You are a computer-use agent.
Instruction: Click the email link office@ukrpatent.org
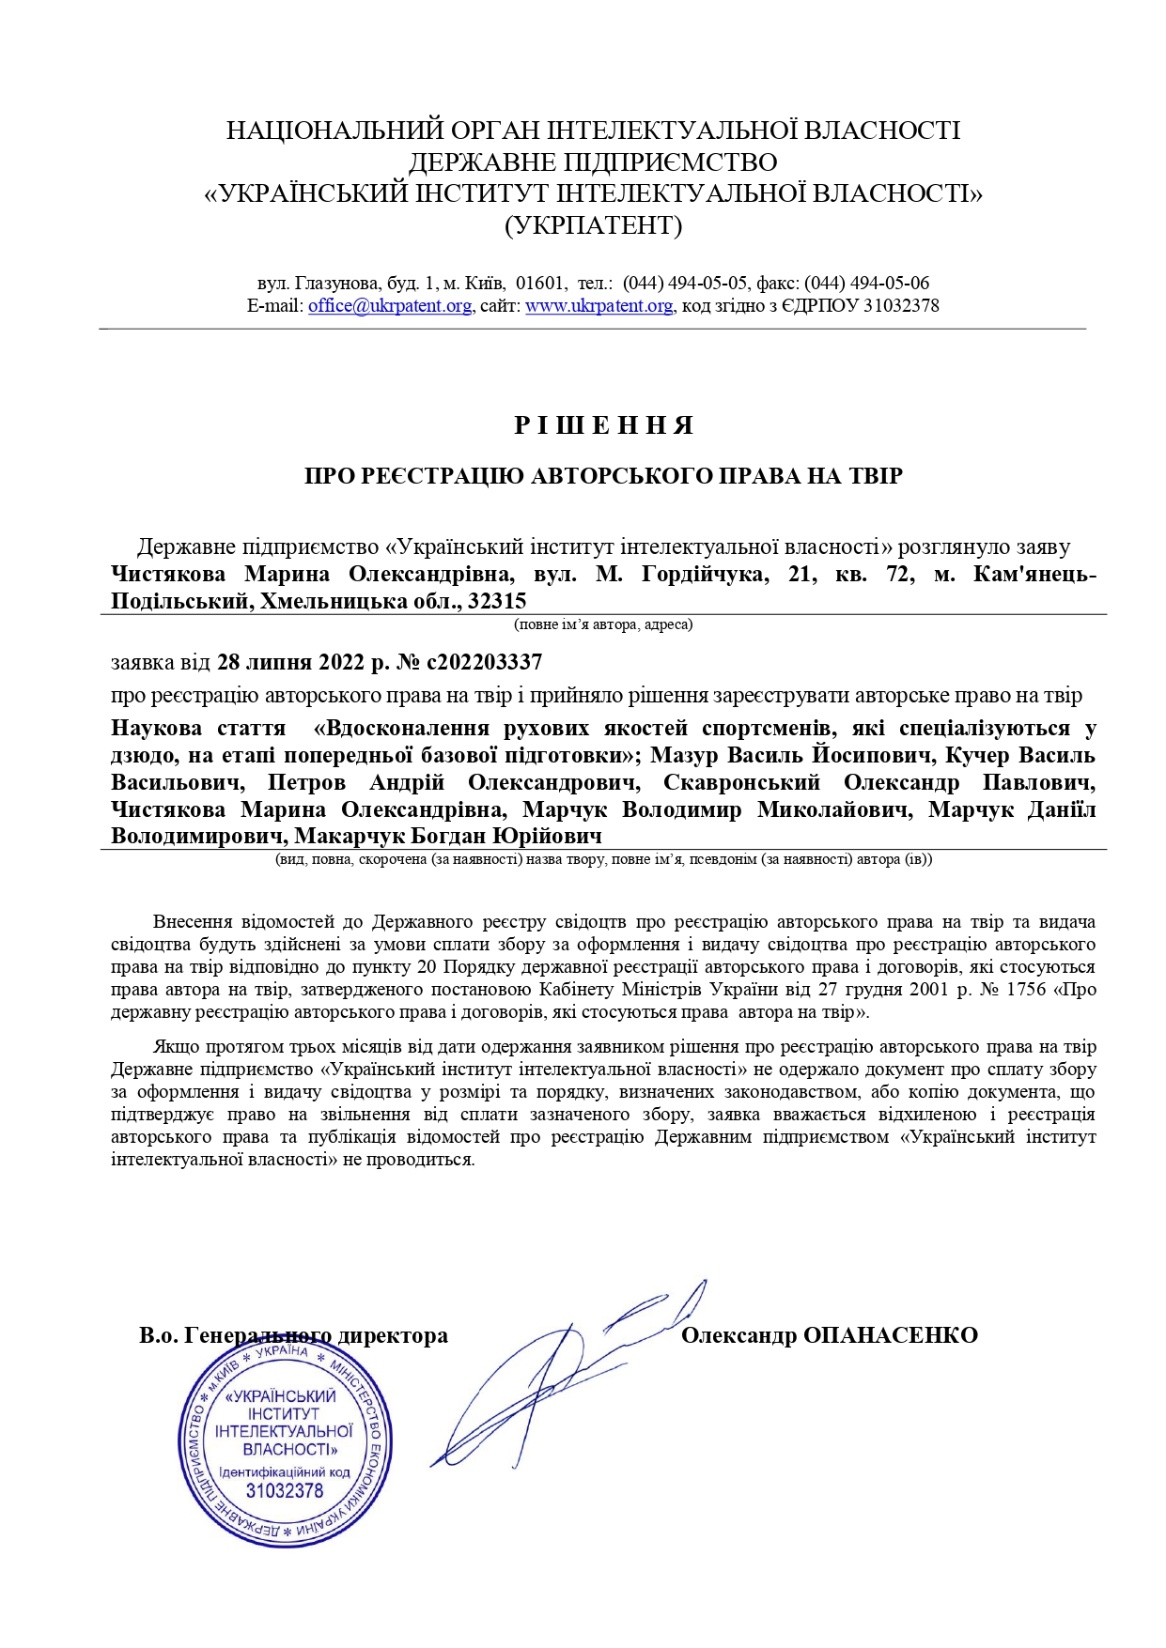coord(389,306)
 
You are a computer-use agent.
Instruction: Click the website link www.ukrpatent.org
coord(599,306)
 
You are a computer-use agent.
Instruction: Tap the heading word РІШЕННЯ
coord(604,426)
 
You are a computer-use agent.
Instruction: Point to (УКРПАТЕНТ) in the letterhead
coord(593,225)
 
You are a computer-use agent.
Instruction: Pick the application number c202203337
coord(484,662)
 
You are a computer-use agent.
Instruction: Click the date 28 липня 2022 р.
coord(289,662)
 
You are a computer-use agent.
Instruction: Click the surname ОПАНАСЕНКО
coord(891,1335)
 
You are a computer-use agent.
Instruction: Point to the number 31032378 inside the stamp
coord(284,1491)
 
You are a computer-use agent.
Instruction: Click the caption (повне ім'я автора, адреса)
coord(602,624)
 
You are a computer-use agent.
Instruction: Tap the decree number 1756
coord(1026,990)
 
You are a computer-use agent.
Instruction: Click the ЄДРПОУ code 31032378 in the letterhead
coord(900,306)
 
